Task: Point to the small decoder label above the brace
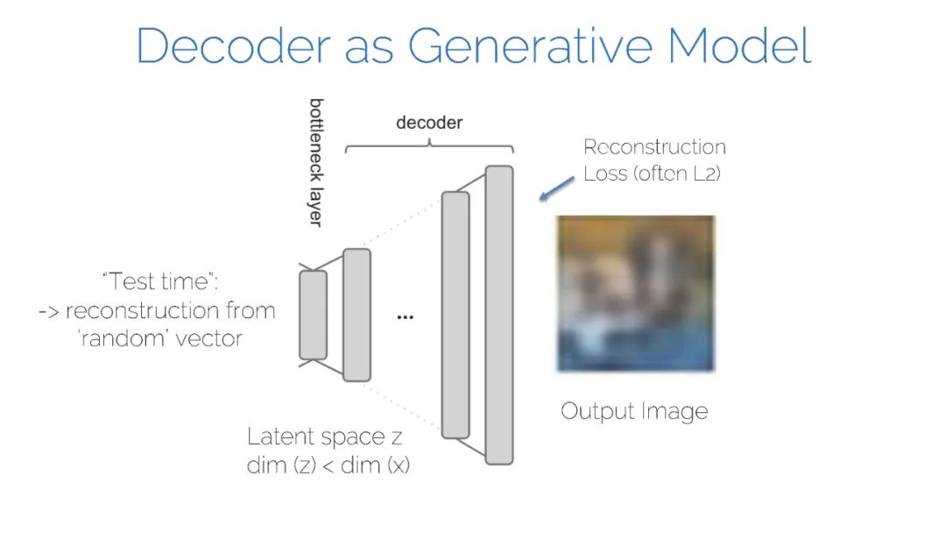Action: tap(429, 123)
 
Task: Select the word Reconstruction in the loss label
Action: tap(654, 147)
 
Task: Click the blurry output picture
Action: tap(636, 293)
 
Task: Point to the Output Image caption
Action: tap(634, 411)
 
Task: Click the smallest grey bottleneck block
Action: tap(313, 315)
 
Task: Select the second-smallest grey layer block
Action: tap(357, 315)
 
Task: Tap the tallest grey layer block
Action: tap(498, 314)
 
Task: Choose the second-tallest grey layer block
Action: tap(455, 314)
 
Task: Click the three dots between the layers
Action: tap(405, 316)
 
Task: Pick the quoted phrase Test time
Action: tap(159, 282)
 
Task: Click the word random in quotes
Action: tap(123, 338)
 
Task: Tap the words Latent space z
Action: tap(325, 437)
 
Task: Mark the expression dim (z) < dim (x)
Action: tap(328, 465)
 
